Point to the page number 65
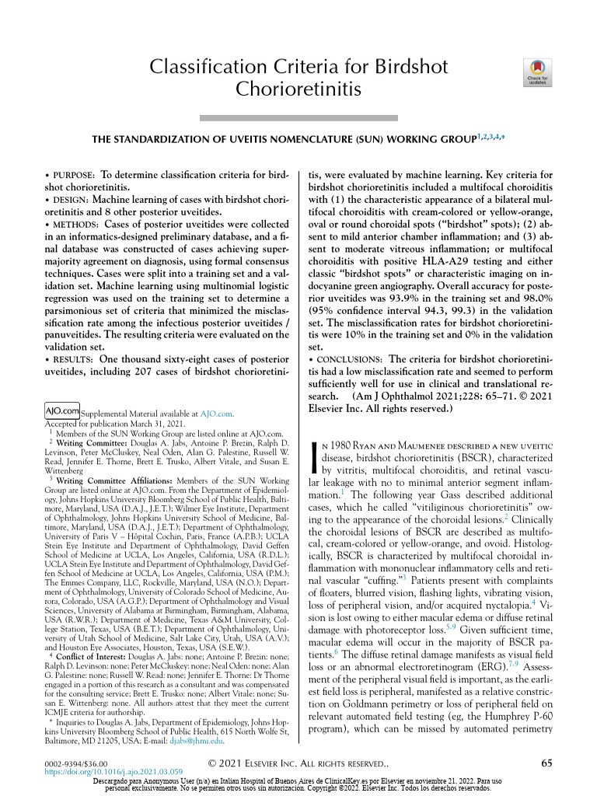pyautogui.click(x=546, y=763)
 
